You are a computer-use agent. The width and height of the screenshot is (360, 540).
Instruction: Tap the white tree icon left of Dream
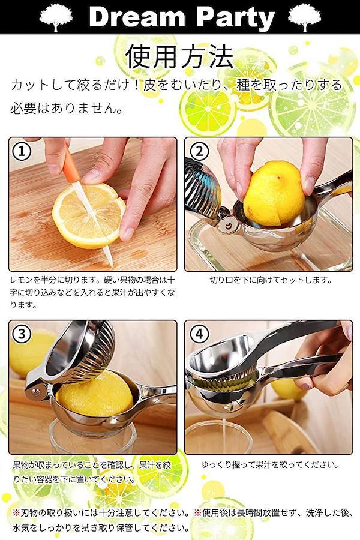tap(56, 17)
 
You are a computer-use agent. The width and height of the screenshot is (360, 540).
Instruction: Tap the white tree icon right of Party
tap(305, 17)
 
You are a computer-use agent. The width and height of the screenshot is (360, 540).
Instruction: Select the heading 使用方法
tap(179, 56)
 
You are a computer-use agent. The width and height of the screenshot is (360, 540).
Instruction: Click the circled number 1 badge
tap(22, 151)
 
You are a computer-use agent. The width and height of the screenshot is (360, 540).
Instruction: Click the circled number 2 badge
tap(199, 151)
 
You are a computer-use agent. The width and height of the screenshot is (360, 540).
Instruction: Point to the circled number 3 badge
tap(22, 334)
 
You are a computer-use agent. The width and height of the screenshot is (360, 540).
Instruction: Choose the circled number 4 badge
tap(199, 334)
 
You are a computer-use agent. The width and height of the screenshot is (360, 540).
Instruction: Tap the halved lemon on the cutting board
tap(89, 216)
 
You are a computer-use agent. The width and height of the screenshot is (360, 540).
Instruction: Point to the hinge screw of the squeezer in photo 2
tap(228, 226)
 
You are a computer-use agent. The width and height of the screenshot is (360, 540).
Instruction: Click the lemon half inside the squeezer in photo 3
tap(95, 394)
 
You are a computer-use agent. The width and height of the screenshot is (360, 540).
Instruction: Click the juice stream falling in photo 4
tap(224, 434)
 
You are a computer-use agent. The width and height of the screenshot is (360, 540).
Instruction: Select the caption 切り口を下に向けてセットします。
tap(271, 280)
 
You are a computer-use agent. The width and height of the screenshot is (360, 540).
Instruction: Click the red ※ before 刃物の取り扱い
tap(17, 513)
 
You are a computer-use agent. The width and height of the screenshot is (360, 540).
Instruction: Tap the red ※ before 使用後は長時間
tap(198, 513)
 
